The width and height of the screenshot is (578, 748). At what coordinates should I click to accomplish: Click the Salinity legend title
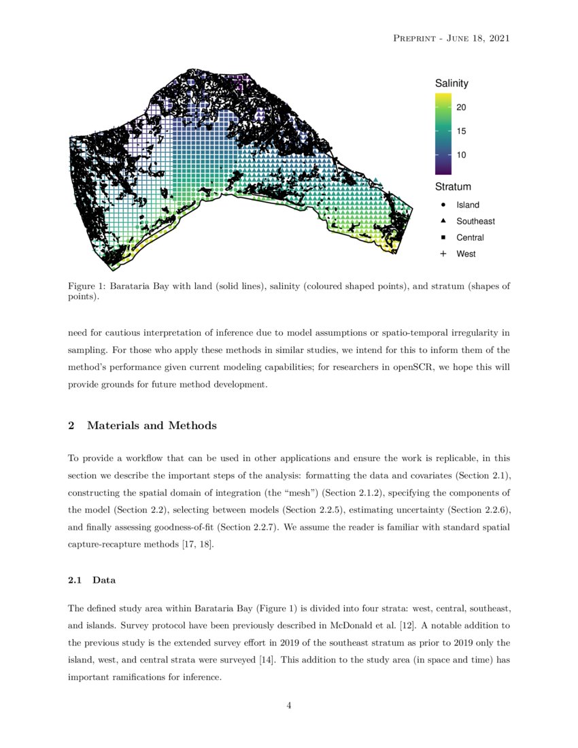pos(452,83)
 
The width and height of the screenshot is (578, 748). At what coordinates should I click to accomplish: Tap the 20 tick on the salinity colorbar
pos(461,107)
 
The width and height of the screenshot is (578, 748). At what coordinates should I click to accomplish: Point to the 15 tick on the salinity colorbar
pos(461,131)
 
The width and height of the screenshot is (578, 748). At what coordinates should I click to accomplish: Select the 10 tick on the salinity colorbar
pos(461,155)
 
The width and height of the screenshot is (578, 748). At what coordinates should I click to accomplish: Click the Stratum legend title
pos(453,186)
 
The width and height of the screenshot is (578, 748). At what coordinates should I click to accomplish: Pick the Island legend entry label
pos(468,205)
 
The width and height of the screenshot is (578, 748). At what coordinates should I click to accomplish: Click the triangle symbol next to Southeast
pos(443,221)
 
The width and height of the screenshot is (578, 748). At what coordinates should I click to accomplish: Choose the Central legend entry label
pos(470,237)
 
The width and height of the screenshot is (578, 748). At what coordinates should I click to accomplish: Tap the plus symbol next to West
pos(443,254)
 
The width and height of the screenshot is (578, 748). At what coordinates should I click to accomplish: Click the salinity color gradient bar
pos(443,133)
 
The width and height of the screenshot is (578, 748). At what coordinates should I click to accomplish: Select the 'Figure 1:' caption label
pos(89,286)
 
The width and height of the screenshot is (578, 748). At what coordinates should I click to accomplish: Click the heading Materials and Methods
pos(152,426)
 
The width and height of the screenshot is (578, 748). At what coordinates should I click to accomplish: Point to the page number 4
pos(289,705)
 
